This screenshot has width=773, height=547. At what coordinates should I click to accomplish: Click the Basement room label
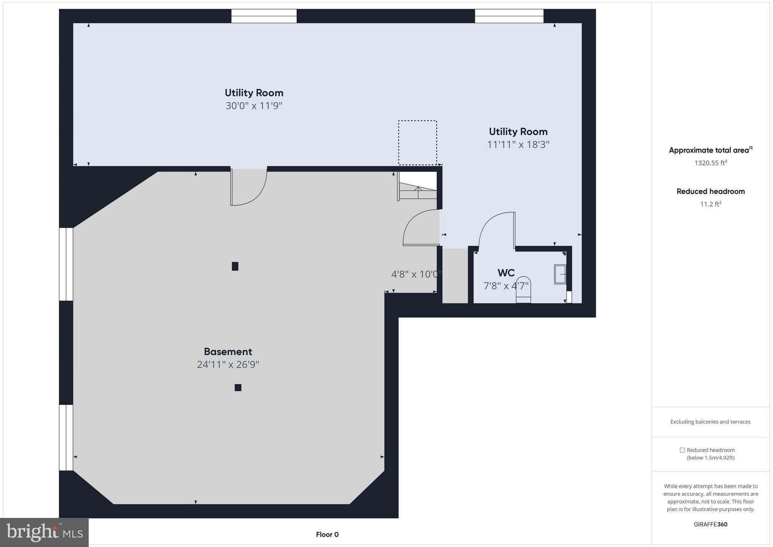[x=228, y=352]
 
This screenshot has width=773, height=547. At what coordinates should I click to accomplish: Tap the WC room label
[x=506, y=273]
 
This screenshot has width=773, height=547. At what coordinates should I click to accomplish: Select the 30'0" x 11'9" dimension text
[x=254, y=106]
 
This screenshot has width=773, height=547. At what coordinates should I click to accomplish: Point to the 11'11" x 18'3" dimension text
[x=518, y=145]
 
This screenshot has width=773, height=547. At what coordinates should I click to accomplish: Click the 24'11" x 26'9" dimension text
[x=228, y=365]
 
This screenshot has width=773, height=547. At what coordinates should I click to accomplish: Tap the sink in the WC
[x=560, y=274]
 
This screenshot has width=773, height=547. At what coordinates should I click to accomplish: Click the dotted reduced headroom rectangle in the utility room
[x=417, y=143]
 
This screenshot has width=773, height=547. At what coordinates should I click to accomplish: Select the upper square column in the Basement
[x=235, y=266]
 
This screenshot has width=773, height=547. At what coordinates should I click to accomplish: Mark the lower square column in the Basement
[x=238, y=387]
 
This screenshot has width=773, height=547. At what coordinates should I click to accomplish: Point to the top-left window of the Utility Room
[x=264, y=16]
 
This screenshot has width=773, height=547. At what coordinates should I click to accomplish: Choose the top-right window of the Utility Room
[x=509, y=16]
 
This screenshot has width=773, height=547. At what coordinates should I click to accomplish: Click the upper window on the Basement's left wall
[x=66, y=264]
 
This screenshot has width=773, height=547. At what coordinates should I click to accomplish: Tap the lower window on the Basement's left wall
[x=66, y=437]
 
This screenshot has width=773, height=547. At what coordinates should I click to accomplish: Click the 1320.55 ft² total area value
[x=710, y=163]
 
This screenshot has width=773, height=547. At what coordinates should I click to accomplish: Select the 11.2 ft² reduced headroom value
[x=710, y=204]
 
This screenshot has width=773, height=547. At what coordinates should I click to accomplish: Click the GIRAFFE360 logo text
[x=710, y=524]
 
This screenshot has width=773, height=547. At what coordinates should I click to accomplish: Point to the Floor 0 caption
[x=327, y=535]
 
